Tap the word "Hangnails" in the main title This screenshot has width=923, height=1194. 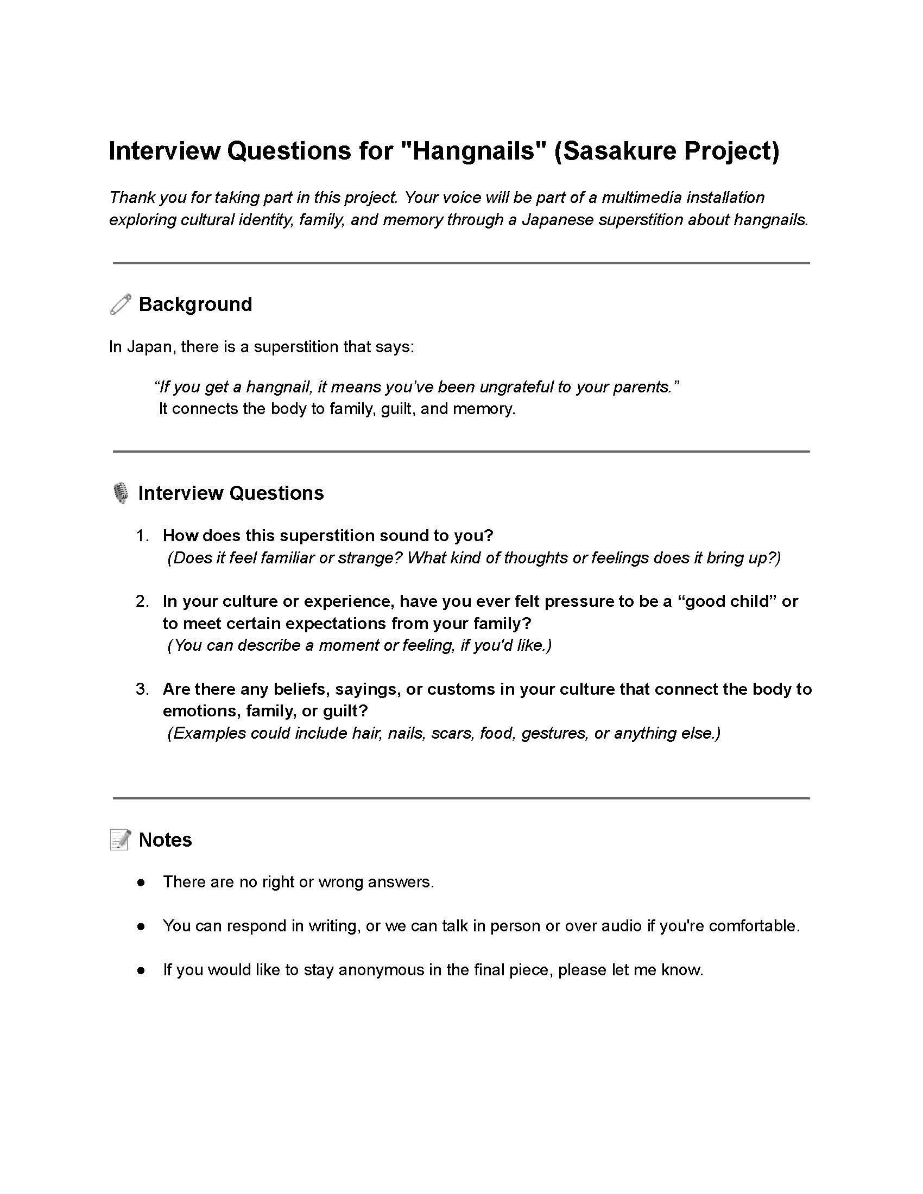point(474,151)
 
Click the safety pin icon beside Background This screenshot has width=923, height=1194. point(121,304)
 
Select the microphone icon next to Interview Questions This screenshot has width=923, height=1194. point(121,493)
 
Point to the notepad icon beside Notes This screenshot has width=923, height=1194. point(121,840)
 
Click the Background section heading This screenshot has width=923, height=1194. point(195,304)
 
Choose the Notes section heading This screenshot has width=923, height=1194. point(165,840)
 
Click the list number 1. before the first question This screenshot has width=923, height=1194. point(142,535)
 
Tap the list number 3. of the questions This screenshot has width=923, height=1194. point(142,689)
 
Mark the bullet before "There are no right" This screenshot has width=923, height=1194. point(141,882)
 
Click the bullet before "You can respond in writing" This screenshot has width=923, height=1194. point(141,926)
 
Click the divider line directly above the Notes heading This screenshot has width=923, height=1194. point(461,798)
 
